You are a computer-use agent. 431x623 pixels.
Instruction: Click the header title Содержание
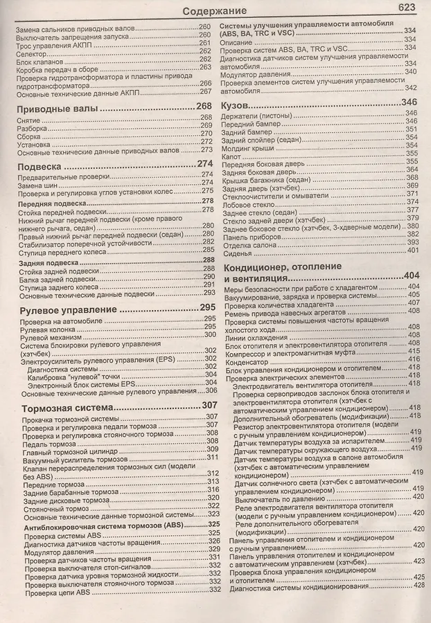pos(215,11)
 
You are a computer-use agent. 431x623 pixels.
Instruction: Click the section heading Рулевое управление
pos(63,309)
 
